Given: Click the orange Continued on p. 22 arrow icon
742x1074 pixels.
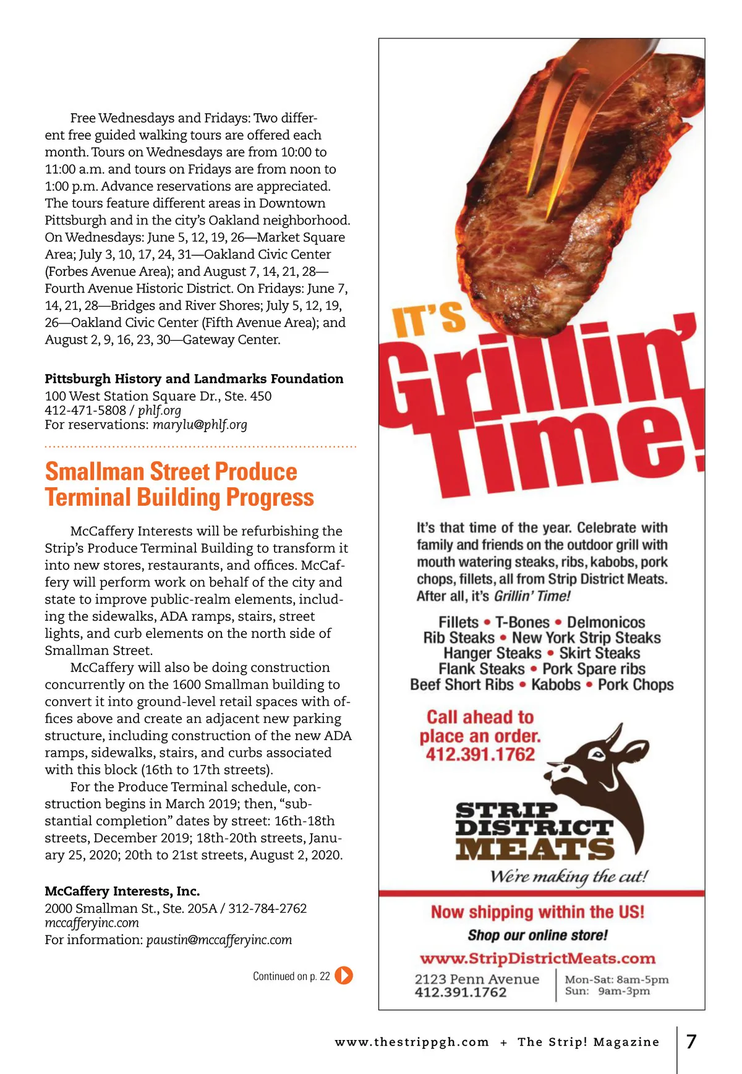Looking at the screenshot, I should coord(344,976).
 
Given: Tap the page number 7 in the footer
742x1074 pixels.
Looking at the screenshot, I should coord(691,1041).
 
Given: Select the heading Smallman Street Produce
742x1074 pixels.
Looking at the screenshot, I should coord(171,472).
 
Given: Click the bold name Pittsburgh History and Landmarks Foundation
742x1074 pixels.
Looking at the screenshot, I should coord(194,378).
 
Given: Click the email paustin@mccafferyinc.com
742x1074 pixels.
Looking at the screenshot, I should coord(219,940).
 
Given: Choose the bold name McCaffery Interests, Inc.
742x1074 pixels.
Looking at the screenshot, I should coord(122,891).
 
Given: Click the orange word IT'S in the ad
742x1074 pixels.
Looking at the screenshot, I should coord(429,319).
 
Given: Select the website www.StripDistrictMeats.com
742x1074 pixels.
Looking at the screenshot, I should coord(537,958).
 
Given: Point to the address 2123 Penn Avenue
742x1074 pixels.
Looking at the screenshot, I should coord(477,979).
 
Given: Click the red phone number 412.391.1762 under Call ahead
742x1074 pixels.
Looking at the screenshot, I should coord(480,754).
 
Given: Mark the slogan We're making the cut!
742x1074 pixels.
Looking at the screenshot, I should coord(569,876).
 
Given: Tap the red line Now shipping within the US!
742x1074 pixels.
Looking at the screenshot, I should coord(537,912).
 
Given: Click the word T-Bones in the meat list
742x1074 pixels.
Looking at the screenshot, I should coord(522,622).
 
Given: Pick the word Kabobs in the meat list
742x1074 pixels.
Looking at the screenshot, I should coord(556,684).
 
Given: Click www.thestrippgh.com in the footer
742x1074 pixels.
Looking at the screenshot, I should coord(412,1042).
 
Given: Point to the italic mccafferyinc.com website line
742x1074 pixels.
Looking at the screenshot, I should coord(92,923).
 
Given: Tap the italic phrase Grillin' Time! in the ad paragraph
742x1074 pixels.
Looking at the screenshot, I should coord(532,596).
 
